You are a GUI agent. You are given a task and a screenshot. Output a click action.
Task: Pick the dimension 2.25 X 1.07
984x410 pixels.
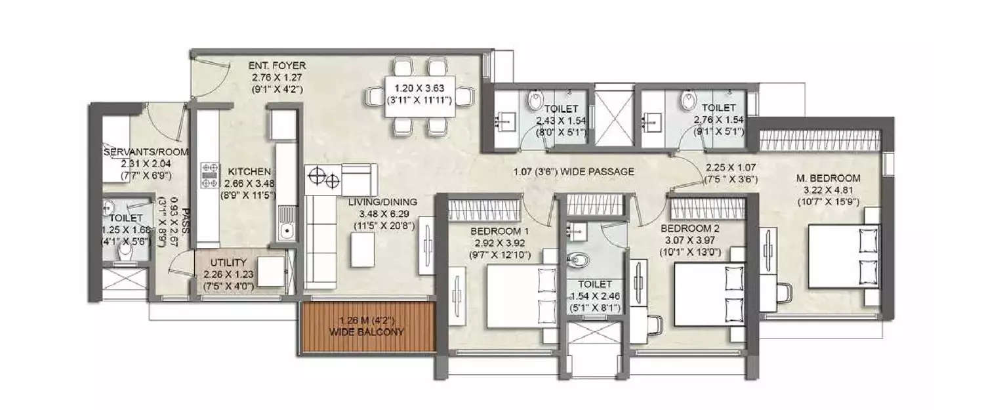732,167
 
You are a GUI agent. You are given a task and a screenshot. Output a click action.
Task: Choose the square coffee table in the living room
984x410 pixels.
363,250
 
